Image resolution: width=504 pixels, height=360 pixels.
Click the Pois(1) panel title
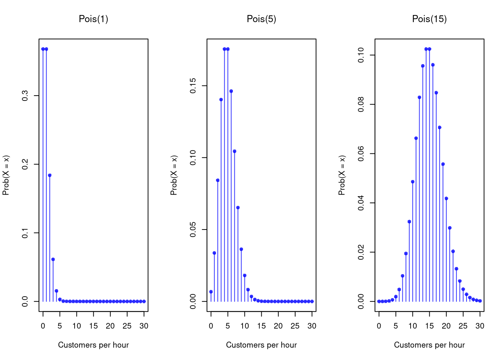[x=93, y=19]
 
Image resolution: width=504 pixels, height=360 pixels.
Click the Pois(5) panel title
[x=261, y=19]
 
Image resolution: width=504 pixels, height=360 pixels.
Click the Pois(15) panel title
[x=429, y=19]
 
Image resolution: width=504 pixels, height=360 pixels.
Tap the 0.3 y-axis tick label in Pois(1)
[x=25, y=96]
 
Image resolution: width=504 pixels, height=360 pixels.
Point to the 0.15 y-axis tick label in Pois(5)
[x=193, y=86]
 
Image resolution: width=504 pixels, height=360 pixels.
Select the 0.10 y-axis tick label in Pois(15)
[x=361, y=55]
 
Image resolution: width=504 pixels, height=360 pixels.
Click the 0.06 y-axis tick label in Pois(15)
[x=361, y=154]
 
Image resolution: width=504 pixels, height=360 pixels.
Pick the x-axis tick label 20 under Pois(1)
[x=110, y=326]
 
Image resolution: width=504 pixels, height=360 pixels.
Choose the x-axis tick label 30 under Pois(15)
[x=480, y=326]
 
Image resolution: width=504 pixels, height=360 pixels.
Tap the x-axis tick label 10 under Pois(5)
[x=244, y=326]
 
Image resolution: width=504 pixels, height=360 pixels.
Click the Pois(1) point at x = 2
[x=49, y=175]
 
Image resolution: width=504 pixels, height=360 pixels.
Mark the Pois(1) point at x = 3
[x=53, y=259]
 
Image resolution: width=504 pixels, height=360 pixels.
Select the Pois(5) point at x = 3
[x=221, y=100]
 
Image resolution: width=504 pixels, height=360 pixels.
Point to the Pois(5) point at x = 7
[x=234, y=151]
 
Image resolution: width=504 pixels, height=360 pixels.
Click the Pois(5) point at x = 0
[x=211, y=292]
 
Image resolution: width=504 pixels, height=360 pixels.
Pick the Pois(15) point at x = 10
[x=412, y=182]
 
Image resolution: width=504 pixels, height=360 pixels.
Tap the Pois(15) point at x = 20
[x=446, y=199]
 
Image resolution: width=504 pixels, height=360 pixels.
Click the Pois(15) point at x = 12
[x=419, y=97]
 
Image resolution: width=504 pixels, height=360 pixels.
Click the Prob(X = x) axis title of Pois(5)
[x=174, y=175]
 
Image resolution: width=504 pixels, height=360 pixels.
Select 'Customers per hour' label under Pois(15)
[x=429, y=345]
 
